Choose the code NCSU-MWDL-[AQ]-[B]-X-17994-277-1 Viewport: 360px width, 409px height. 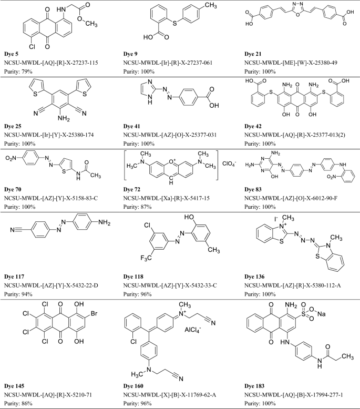(x=295, y=390)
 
